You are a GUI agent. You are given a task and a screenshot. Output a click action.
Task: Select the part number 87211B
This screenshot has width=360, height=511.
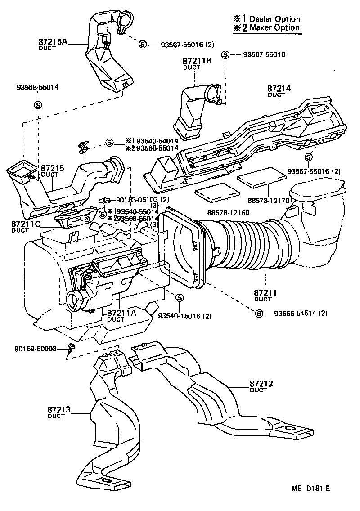point(197,61)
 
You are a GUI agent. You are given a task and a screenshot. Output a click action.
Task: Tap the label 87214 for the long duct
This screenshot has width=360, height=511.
point(279,89)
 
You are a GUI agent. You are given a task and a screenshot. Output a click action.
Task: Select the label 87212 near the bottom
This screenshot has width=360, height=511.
point(261,384)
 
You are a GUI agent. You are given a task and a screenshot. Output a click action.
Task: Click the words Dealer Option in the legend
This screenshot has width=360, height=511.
point(275,19)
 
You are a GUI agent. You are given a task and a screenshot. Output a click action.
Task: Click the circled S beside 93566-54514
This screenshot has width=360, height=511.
point(259,313)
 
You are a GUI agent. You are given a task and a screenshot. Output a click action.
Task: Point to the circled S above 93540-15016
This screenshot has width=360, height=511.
point(180,297)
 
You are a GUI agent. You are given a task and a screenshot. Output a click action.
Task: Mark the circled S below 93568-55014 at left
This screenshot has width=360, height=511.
point(38,105)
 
